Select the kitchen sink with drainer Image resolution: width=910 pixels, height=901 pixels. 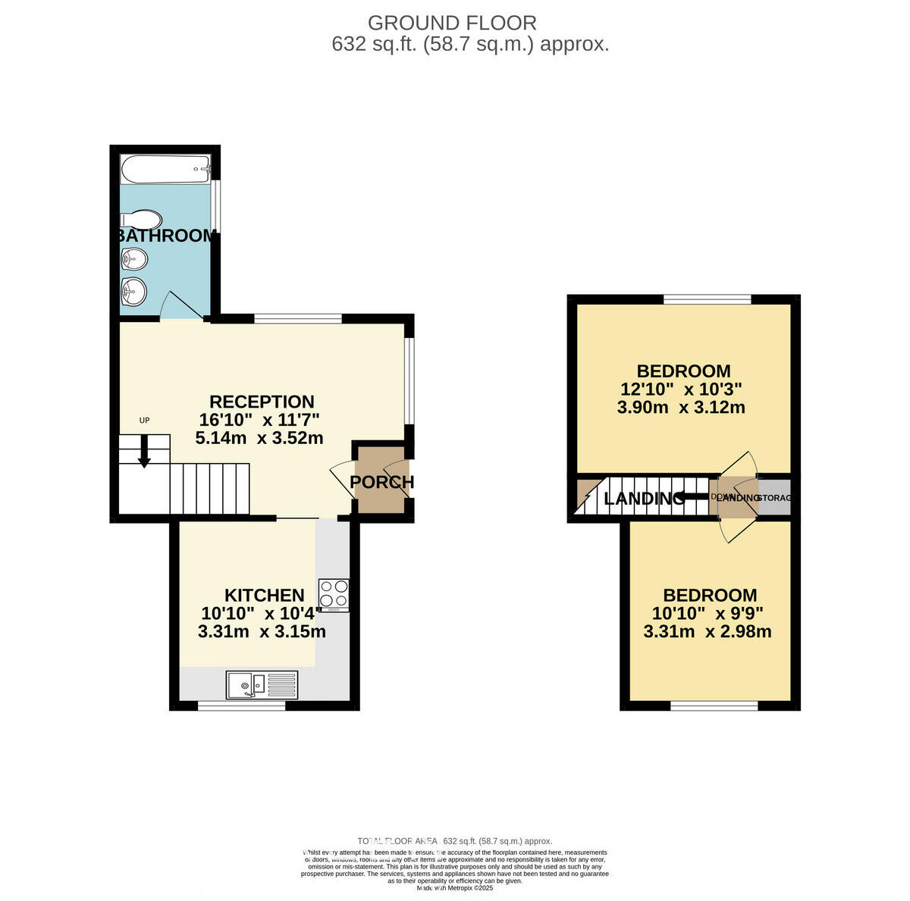point(262,685)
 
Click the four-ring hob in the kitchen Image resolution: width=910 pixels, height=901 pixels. point(334,594)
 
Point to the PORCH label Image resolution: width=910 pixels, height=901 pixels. point(381,482)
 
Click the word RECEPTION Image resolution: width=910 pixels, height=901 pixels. point(262,402)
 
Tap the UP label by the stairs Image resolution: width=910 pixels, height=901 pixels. point(144,420)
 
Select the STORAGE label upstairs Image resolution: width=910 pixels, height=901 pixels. point(774,498)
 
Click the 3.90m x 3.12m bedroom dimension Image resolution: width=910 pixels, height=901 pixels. point(681,408)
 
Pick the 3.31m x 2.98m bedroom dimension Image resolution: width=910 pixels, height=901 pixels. point(708,631)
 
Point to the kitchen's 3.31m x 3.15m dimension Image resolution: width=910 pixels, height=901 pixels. point(262,631)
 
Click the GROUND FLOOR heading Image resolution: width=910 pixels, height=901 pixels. point(452,23)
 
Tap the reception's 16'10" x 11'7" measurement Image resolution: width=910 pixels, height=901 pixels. point(259,420)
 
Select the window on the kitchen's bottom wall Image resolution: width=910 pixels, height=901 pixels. point(242,705)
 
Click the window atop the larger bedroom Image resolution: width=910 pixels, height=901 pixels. point(708,299)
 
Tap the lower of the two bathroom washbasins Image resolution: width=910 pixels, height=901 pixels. point(133,289)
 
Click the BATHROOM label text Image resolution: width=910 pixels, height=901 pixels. point(166,236)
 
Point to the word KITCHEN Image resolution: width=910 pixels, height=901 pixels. point(264,596)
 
